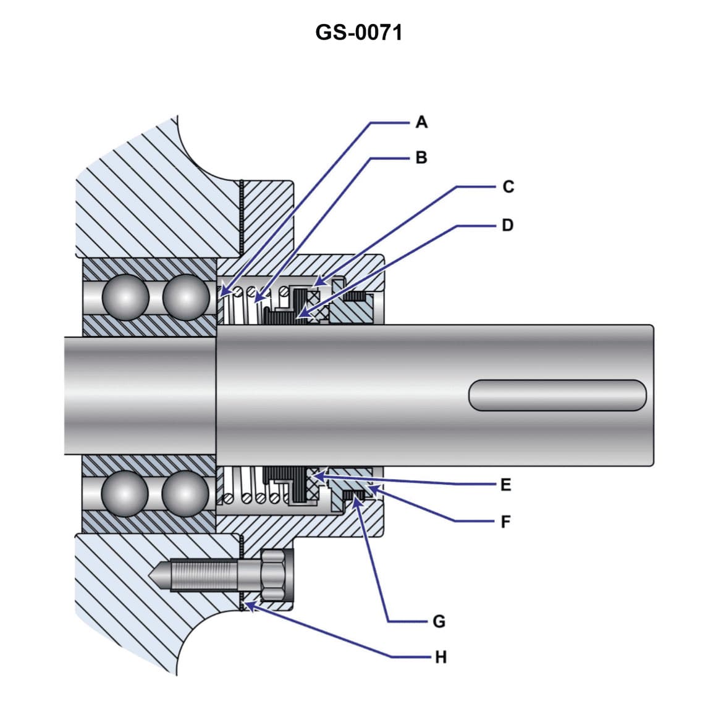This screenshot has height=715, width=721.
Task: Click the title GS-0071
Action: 358,32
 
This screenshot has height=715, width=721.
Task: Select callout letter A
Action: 421,122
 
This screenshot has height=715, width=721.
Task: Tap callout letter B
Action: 421,158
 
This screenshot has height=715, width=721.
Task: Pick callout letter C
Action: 508,186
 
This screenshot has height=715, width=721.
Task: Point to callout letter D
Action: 508,225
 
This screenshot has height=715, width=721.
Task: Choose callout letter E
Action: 506,485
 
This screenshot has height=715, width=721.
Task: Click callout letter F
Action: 506,522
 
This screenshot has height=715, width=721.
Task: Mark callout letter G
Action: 439,622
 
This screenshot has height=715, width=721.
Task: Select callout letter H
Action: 440,658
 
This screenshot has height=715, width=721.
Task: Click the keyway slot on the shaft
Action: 557,395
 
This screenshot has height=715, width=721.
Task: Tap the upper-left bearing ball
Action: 126,296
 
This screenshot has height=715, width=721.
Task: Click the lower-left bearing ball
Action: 126,493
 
